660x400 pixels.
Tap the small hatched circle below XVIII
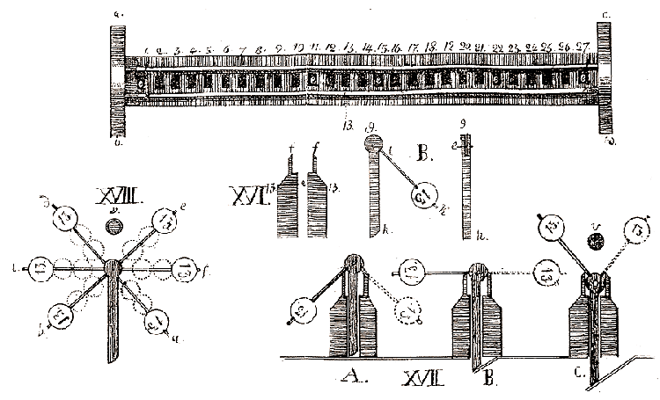(114, 225)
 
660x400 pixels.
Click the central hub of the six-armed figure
(114, 268)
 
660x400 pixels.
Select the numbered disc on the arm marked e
(165, 224)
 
